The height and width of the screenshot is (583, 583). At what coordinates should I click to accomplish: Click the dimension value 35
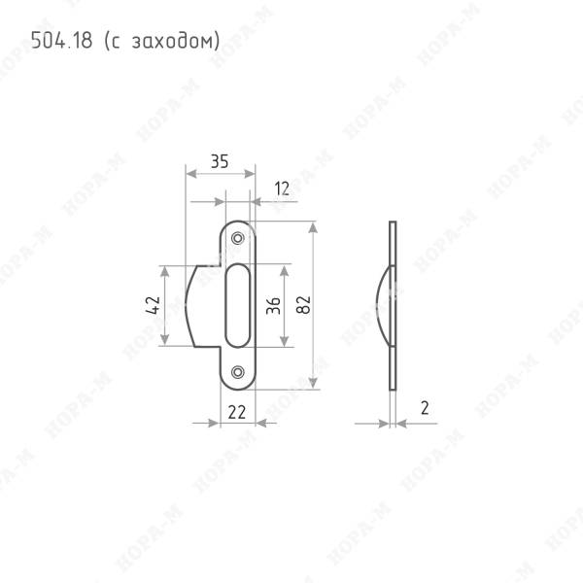[x=220, y=161]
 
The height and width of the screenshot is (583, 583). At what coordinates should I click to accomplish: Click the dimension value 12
[x=282, y=189]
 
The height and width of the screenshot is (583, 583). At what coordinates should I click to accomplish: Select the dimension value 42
[x=153, y=305]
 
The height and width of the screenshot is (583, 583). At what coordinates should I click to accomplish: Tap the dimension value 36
[x=273, y=306]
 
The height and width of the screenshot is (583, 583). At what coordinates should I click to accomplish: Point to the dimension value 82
[x=303, y=305]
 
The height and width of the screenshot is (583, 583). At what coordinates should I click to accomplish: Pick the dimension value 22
[x=237, y=412]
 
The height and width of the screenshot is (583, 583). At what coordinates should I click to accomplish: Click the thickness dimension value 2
[x=425, y=408]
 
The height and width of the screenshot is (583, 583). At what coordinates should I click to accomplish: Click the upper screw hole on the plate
[x=238, y=238]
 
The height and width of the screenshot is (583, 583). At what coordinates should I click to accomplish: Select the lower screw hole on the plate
[x=238, y=372]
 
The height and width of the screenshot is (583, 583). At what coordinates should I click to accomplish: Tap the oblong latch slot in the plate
[x=238, y=306]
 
